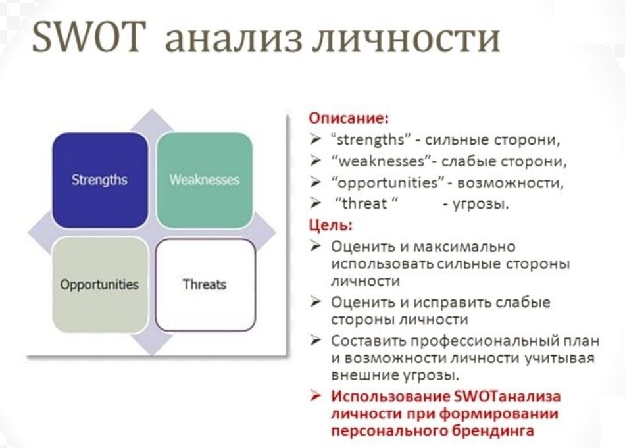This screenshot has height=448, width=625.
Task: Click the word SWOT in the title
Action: click(x=86, y=39)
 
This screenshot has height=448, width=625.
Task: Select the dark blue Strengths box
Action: click(x=99, y=180)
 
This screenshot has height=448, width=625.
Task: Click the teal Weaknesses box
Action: click(x=205, y=180)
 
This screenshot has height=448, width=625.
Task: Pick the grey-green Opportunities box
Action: click(x=99, y=285)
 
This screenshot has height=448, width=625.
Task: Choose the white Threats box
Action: click(x=205, y=285)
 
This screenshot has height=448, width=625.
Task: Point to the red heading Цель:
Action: click(x=331, y=225)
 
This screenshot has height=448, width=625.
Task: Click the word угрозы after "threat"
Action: click(x=480, y=204)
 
